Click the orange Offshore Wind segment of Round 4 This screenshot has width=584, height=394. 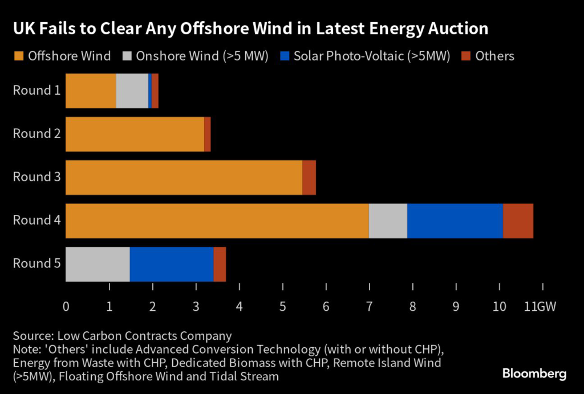click(x=217, y=221)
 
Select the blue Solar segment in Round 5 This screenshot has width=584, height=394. click(x=172, y=264)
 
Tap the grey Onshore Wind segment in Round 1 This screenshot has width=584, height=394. click(x=132, y=91)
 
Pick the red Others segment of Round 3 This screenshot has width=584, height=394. click(x=309, y=177)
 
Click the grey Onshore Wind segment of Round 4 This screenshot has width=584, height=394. click(x=388, y=221)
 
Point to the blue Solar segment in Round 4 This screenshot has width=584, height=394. click(x=455, y=221)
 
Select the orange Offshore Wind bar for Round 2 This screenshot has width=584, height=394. click(x=135, y=134)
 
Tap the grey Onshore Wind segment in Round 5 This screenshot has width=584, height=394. click(x=98, y=264)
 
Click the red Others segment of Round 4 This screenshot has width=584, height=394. click(x=518, y=221)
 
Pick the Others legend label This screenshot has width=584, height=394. click(x=495, y=56)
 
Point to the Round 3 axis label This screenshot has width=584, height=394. click(x=36, y=177)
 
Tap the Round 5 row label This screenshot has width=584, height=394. click(x=36, y=264)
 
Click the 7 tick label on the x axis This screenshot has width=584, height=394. click(x=369, y=307)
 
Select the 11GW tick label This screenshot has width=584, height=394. click(x=540, y=307)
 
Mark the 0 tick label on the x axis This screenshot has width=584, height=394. click(x=66, y=307)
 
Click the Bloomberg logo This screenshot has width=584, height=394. click(x=534, y=374)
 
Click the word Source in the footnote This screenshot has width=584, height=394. click(x=32, y=336)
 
